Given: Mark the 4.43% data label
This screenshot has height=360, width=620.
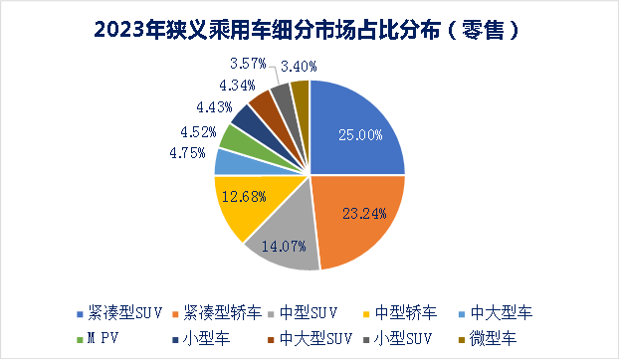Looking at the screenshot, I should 216,106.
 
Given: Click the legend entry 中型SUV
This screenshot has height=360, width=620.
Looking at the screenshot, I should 319,312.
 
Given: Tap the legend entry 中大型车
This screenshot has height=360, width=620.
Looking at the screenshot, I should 501,312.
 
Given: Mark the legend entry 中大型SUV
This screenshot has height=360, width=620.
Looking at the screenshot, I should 298,338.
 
